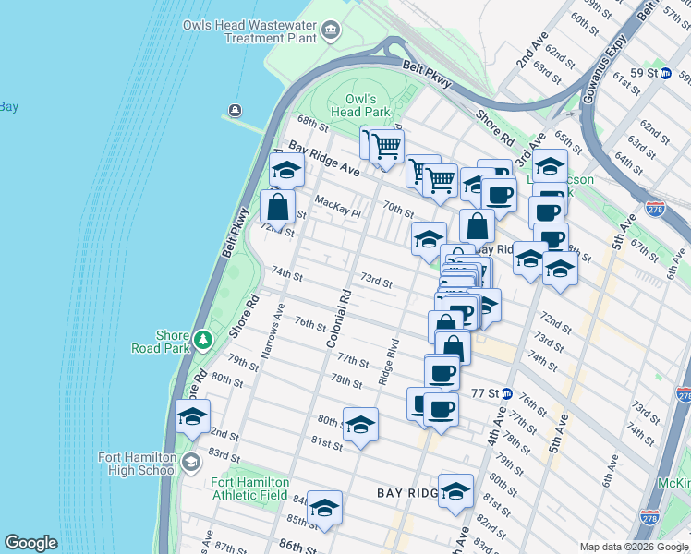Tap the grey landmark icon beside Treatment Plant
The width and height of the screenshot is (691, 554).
pos(330,33)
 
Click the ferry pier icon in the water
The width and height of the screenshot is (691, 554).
pos(236,112)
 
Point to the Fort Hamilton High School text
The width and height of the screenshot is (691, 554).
pos(138,464)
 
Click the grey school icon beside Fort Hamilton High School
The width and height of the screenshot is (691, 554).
pos(191,463)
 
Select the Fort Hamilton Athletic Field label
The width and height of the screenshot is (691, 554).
pos(249,488)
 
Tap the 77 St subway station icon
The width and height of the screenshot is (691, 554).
pos(506,392)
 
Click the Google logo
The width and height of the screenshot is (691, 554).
pos(30,543)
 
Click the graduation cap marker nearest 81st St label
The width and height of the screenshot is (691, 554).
pos(360,425)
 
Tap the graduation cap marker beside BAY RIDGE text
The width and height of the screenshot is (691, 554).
pos(455,491)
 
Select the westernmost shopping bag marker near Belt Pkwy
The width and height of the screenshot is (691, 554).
pos(278,208)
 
